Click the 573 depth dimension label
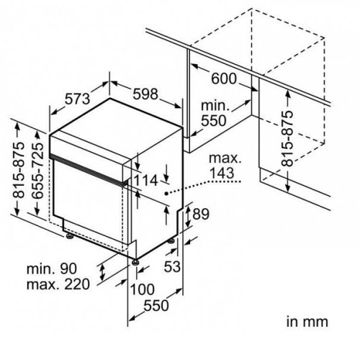(x=78, y=99)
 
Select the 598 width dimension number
(x=145, y=94)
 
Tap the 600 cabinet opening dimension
(x=224, y=78)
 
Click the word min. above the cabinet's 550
(x=214, y=105)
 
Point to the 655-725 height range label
(x=37, y=171)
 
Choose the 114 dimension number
(x=145, y=181)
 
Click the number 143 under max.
(x=222, y=173)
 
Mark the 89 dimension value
(x=201, y=214)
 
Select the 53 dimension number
(x=172, y=266)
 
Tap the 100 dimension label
(x=142, y=289)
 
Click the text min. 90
(x=52, y=269)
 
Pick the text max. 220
(x=58, y=284)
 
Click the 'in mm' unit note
(x=307, y=322)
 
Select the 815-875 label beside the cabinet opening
(x=287, y=138)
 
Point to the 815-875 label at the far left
(x=19, y=170)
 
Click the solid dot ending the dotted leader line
(x=166, y=193)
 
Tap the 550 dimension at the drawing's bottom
(x=156, y=305)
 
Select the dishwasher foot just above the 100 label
(x=135, y=261)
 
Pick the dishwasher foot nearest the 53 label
(x=171, y=240)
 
